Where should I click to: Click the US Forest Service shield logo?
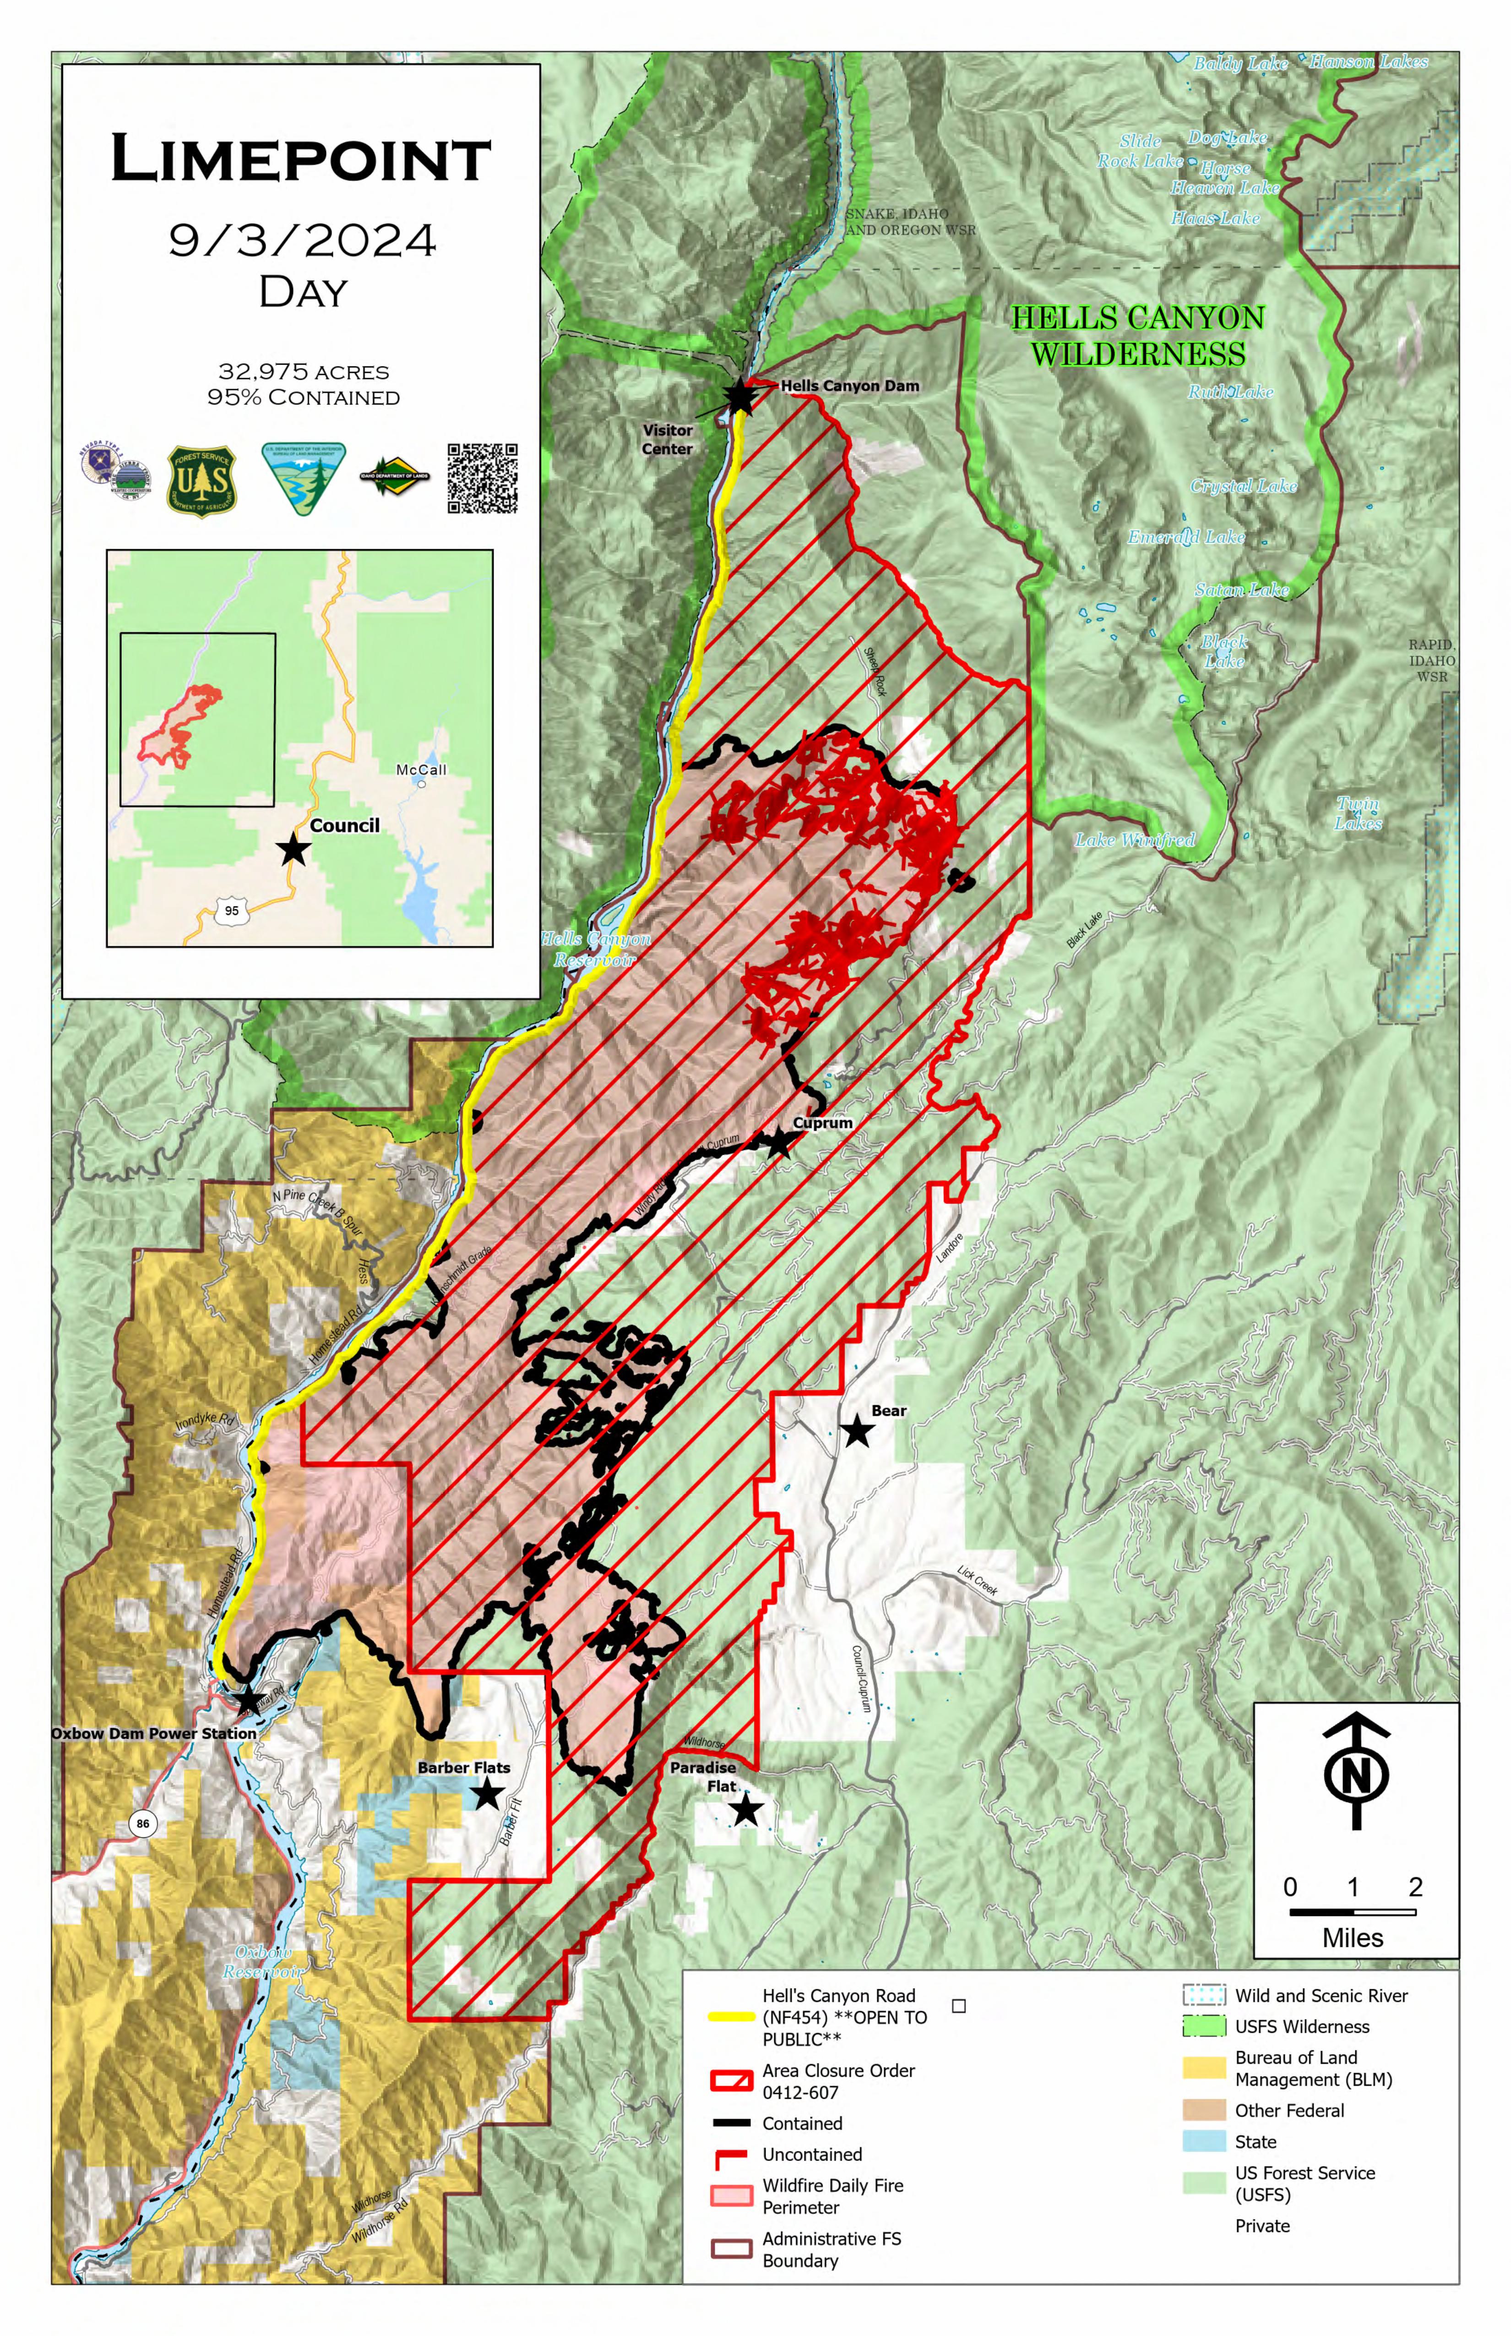(x=202, y=481)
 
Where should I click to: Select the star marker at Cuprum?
(x=778, y=1142)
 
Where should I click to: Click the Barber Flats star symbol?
(x=488, y=1795)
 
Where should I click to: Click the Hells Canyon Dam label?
(x=850, y=386)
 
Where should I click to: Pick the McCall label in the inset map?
(x=421, y=770)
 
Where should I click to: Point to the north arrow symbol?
(x=1356, y=1772)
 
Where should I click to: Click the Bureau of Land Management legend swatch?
(x=1204, y=2068)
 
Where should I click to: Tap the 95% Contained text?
(x=303, y=398)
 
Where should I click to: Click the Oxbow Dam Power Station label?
(x=154, y=1733)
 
